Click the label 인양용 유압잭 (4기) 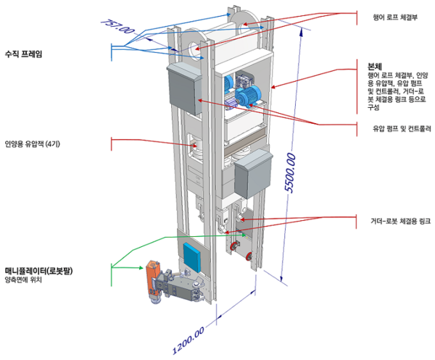pos(36,143)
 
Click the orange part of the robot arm pos(152,276)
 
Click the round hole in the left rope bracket pos(196,49)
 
